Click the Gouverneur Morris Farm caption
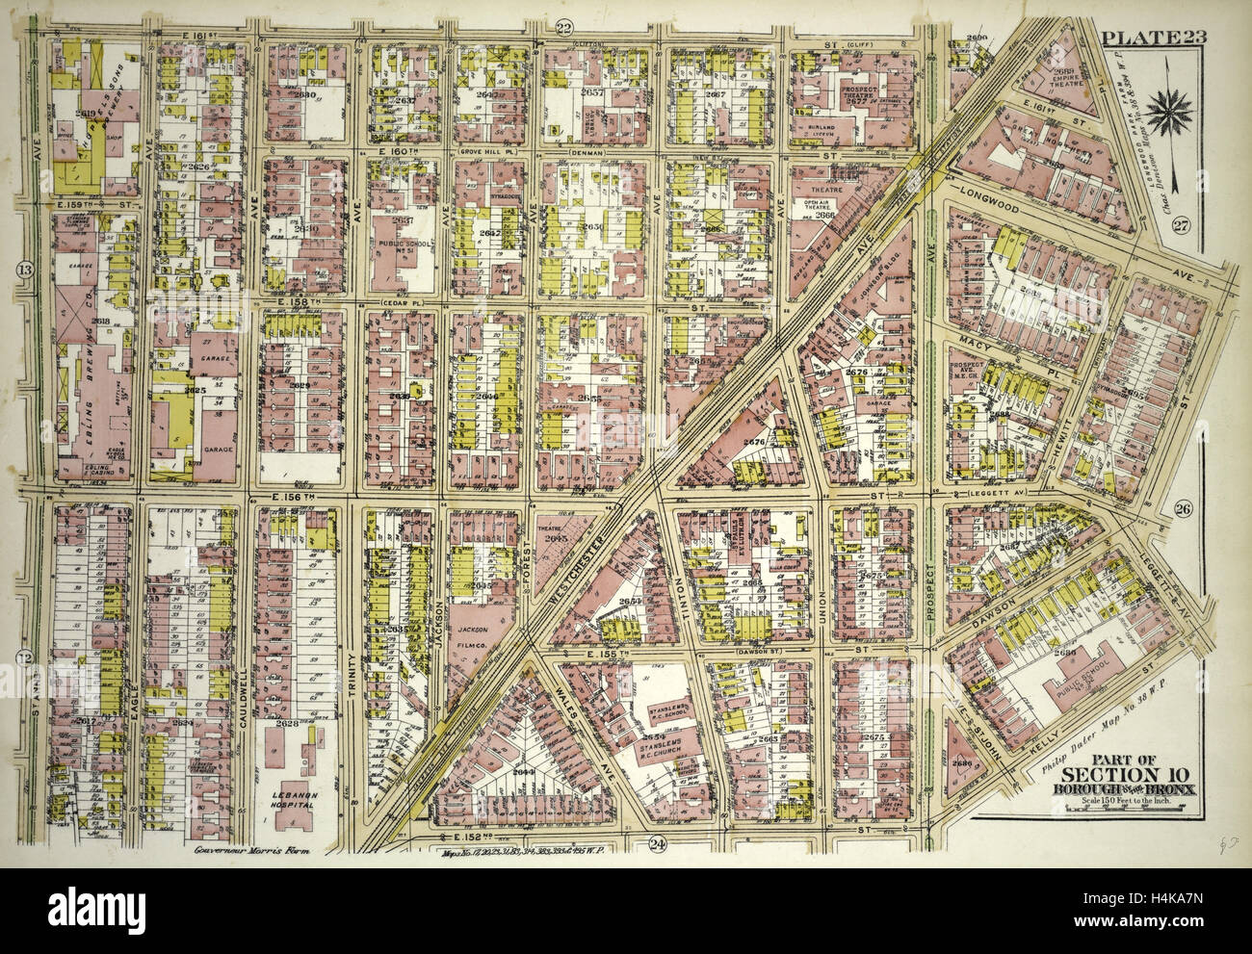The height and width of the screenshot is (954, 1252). tap(229, 849)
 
